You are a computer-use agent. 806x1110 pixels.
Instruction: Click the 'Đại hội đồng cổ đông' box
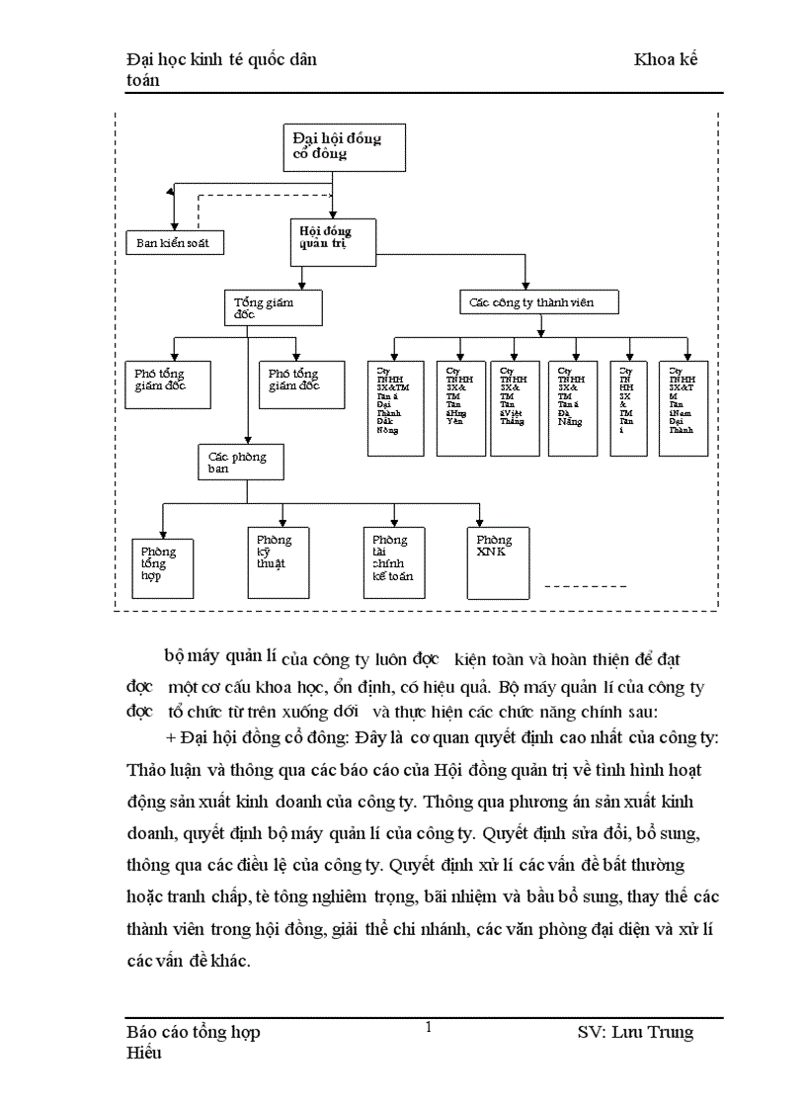343,147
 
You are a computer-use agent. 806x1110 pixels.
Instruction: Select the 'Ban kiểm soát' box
174,242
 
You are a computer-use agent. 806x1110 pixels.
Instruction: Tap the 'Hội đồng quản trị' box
333,241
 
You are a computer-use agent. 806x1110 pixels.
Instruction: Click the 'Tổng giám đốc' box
274,306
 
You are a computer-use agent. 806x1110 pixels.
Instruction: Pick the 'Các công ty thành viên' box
539,301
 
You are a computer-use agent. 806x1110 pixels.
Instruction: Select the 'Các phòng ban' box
244,462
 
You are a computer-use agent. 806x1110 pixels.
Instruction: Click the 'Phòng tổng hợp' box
163,568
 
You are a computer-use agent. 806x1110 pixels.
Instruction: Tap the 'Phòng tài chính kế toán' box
394,562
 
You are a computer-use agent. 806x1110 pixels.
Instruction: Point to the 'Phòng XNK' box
499,562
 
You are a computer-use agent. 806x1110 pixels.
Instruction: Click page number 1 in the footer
428,1027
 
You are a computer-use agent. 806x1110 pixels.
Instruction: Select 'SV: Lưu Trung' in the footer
635,1032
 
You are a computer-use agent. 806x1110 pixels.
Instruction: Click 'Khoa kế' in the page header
666,59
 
